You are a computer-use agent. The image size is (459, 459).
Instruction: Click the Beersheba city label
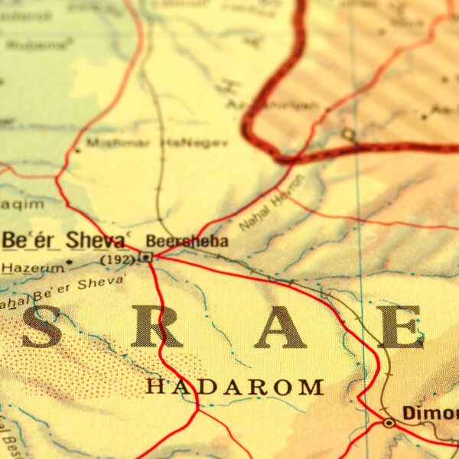187,241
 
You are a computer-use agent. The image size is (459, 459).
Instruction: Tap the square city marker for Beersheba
145,258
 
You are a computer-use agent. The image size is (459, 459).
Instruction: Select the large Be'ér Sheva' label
64,239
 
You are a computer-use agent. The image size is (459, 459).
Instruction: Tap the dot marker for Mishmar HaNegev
77,149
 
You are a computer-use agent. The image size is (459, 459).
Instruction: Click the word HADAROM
234,387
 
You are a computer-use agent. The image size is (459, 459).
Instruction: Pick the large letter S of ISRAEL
42,327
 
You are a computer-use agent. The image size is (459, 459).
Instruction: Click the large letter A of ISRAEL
280,327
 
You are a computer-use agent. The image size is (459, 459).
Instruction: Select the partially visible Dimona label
430,413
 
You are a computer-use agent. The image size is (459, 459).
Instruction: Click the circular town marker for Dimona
389,422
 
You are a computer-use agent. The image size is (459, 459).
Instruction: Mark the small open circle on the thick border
348,135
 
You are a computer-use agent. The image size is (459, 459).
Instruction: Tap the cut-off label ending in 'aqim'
11,203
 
